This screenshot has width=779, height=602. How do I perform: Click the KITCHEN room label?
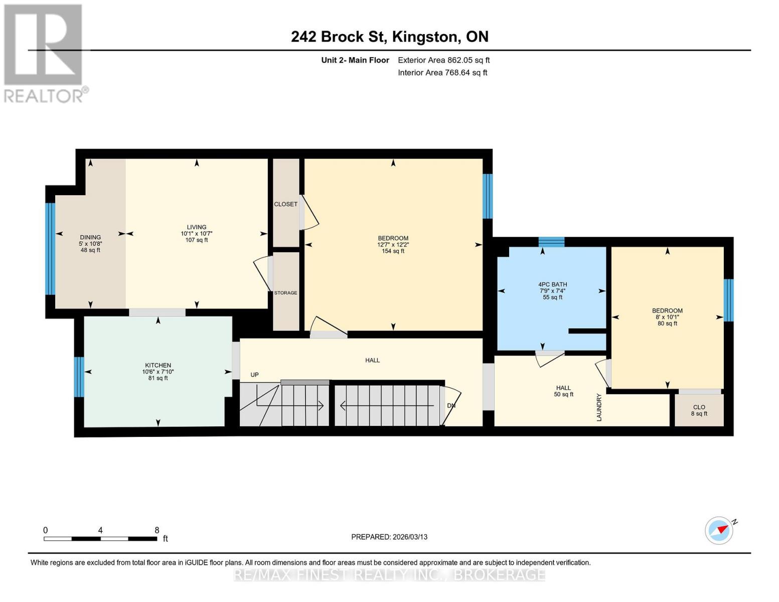tap(158, 365)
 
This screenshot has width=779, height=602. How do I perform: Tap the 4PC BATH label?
tap(552, 284)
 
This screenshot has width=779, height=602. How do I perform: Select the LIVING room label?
tap(197, 227)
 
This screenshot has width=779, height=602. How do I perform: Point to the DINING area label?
tap(90, 237)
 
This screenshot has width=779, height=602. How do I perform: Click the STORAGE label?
tap(285, 292)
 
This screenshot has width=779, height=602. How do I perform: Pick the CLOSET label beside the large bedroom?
tap(285, 204)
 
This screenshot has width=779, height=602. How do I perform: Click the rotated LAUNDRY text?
tap(599, 407)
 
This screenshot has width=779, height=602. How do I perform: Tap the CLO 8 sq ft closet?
tap(699, 410)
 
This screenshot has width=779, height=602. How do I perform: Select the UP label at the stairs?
tap(254, 375)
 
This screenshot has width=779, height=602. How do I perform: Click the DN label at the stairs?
tap(451, 405)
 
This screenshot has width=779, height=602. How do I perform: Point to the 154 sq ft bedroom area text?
tap(393, 251)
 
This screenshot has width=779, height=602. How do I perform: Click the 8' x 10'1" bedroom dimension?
tap(667, 317)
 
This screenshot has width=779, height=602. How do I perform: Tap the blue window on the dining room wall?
tap(50, 249)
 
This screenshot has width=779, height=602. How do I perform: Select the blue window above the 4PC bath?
tap(551, 242)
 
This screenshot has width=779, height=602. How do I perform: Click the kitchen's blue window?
tap(79, 377)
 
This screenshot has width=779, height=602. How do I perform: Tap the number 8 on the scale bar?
tap(157, 530)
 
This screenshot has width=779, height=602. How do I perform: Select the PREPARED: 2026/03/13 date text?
tap(389, 537)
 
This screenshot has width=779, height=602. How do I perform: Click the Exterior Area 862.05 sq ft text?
tap(443, 60)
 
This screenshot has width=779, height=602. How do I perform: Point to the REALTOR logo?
tap(44, 53)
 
